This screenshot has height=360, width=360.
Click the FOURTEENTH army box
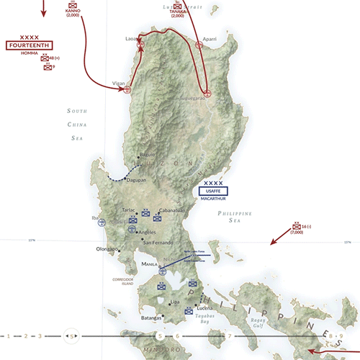[x=30, y=45]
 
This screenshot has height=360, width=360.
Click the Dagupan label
[x=136, y=180]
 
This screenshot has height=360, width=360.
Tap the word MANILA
[x=149, y=264]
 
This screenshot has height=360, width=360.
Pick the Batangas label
[x=148, y=316]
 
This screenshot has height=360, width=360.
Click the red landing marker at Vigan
[x=127, y=90]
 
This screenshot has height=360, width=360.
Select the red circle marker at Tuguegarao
[x=207, y=94]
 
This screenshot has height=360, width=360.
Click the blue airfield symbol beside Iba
[x=102, y=223]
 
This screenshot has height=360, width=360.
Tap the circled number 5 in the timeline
[x=71, y=336]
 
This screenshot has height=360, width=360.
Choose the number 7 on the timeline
[x=230, y=336]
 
